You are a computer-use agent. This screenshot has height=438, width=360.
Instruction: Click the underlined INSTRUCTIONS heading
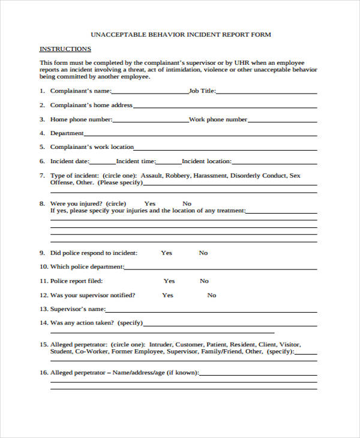(x=65, y=49)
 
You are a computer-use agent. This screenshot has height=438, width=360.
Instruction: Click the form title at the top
(x=180, y=34)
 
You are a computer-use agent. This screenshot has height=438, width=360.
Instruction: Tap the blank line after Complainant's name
(x=150, y=93)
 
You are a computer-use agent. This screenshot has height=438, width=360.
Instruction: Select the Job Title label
(x=202, y=91)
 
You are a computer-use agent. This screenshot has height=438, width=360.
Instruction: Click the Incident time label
(x=136, y=161)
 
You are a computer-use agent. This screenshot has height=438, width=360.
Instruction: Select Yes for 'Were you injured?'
(x=150, y=203)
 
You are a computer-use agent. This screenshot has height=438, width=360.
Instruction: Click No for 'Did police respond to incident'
(x=203, y=253)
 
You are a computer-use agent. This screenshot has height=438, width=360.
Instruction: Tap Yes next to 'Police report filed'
(x=169, y=281)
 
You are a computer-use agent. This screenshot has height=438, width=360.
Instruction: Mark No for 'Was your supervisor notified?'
(x=212, y=295)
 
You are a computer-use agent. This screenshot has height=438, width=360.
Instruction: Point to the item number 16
(x=43, y=373)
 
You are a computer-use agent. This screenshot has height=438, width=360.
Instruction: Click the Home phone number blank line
(x=150, y=121)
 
